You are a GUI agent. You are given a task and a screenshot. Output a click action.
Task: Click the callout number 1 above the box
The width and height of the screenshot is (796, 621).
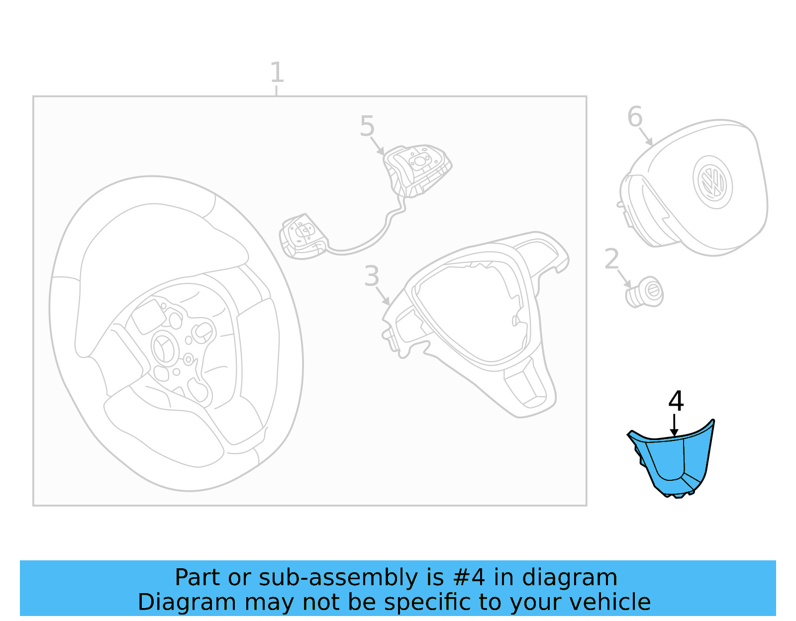click(x=277, y=73)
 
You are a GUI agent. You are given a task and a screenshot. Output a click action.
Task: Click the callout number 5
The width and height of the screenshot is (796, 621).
click(x=367, y=126)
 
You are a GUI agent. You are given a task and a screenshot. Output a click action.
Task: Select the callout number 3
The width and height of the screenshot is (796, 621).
click(x=372, y=276)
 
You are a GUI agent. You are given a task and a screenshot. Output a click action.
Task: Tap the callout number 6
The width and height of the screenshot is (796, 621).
click(x=635, y=117)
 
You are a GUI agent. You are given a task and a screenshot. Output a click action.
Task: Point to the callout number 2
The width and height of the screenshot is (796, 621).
click(x=611, y=259)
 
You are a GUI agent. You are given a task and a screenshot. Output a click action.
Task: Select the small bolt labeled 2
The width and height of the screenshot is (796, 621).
click(x=645, y=292)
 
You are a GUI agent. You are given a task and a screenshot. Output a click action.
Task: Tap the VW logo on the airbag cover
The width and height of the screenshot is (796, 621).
click(x=712, y=182)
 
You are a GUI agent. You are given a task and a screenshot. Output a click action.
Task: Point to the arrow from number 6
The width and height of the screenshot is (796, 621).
click(x=645, y=136)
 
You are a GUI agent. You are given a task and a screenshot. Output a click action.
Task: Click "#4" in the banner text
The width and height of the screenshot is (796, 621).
click(x=469, y=578)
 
